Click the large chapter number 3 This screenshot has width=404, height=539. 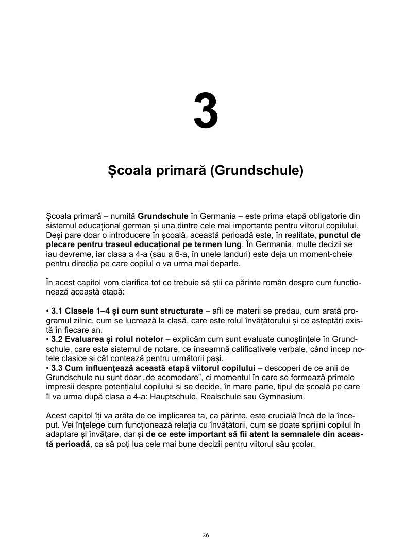(x=206, y=111)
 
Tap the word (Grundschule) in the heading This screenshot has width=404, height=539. (x=257, y=170)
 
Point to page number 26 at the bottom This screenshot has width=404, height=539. (x=206, y=535)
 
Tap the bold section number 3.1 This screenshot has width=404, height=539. (x=57, y=312)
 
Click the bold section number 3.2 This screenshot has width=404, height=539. (x=57, y=340)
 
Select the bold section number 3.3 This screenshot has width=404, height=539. (x=57, y=368)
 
